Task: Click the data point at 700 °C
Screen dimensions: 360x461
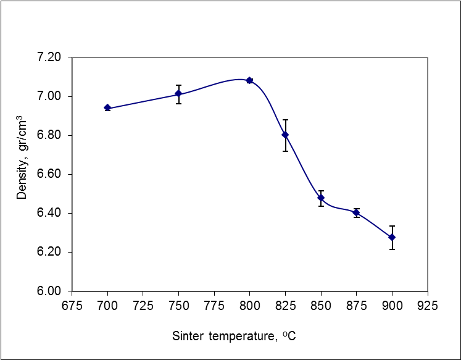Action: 107,108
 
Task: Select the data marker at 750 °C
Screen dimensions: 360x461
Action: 178,94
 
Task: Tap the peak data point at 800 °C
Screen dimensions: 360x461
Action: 249,80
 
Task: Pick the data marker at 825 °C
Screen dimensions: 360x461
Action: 285,135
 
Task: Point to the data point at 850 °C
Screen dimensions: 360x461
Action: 321,198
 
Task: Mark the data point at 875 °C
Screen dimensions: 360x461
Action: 356,212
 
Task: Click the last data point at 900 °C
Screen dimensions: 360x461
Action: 392,237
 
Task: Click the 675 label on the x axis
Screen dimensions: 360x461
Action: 72,305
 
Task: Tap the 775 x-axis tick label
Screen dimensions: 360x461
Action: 214,305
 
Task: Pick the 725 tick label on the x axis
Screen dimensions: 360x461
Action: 143,305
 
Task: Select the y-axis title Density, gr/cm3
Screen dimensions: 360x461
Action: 22,157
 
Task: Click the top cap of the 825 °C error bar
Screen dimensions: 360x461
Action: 285,120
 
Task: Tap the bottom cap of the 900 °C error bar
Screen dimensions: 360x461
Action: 392,249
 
